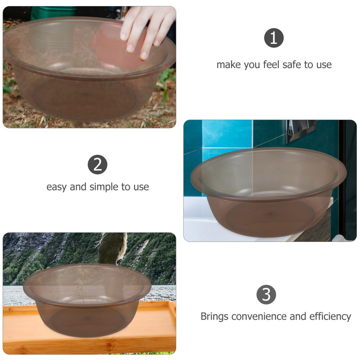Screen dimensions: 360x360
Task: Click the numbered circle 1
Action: pos(274,38)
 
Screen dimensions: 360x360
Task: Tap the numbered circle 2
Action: pos(98,165)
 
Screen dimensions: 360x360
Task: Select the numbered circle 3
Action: pos(266,294)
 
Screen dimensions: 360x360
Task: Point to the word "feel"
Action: pos(271,64)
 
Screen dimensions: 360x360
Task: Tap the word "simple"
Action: pos(104,187)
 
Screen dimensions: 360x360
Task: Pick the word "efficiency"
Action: pos(330,316)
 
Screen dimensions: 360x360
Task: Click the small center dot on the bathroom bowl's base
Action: pos(270,214)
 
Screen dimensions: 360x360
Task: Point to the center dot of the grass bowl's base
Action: pos(84,95)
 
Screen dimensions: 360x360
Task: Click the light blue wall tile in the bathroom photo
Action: pos(227,134)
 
